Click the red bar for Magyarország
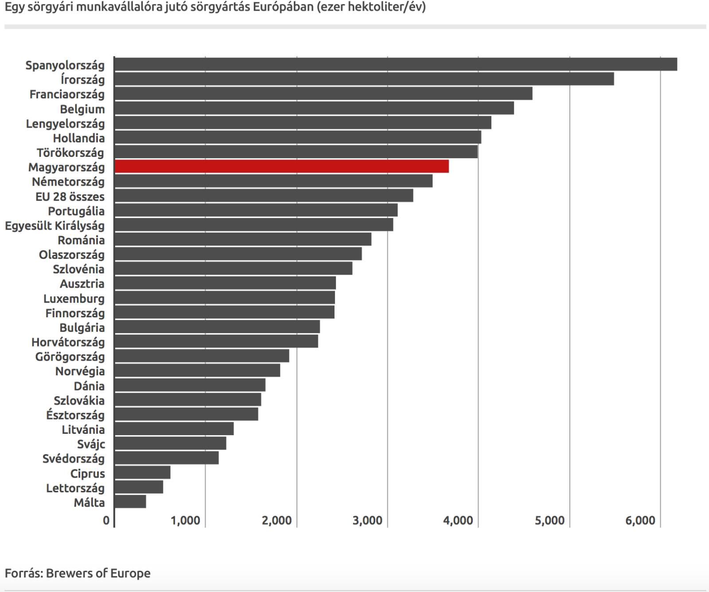pos(281,167)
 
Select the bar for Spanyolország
pos(395,64)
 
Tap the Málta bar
pos(130,502)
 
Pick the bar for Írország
pos(364,79)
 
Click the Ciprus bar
pos(142,472)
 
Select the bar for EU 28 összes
pos(264,196)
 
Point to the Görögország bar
pos(202,356)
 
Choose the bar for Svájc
pos(170,443)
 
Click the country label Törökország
pos(70,153)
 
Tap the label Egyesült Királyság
pos(55,226)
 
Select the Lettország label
pos(75,488)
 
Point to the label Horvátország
pos(68,342)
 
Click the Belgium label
pos(82,109)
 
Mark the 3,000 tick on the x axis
pos(367,520)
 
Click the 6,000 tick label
pos(640,520)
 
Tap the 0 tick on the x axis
pos(106,520)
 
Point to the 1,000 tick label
pos(185,520)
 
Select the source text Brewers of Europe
pos(98,573)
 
